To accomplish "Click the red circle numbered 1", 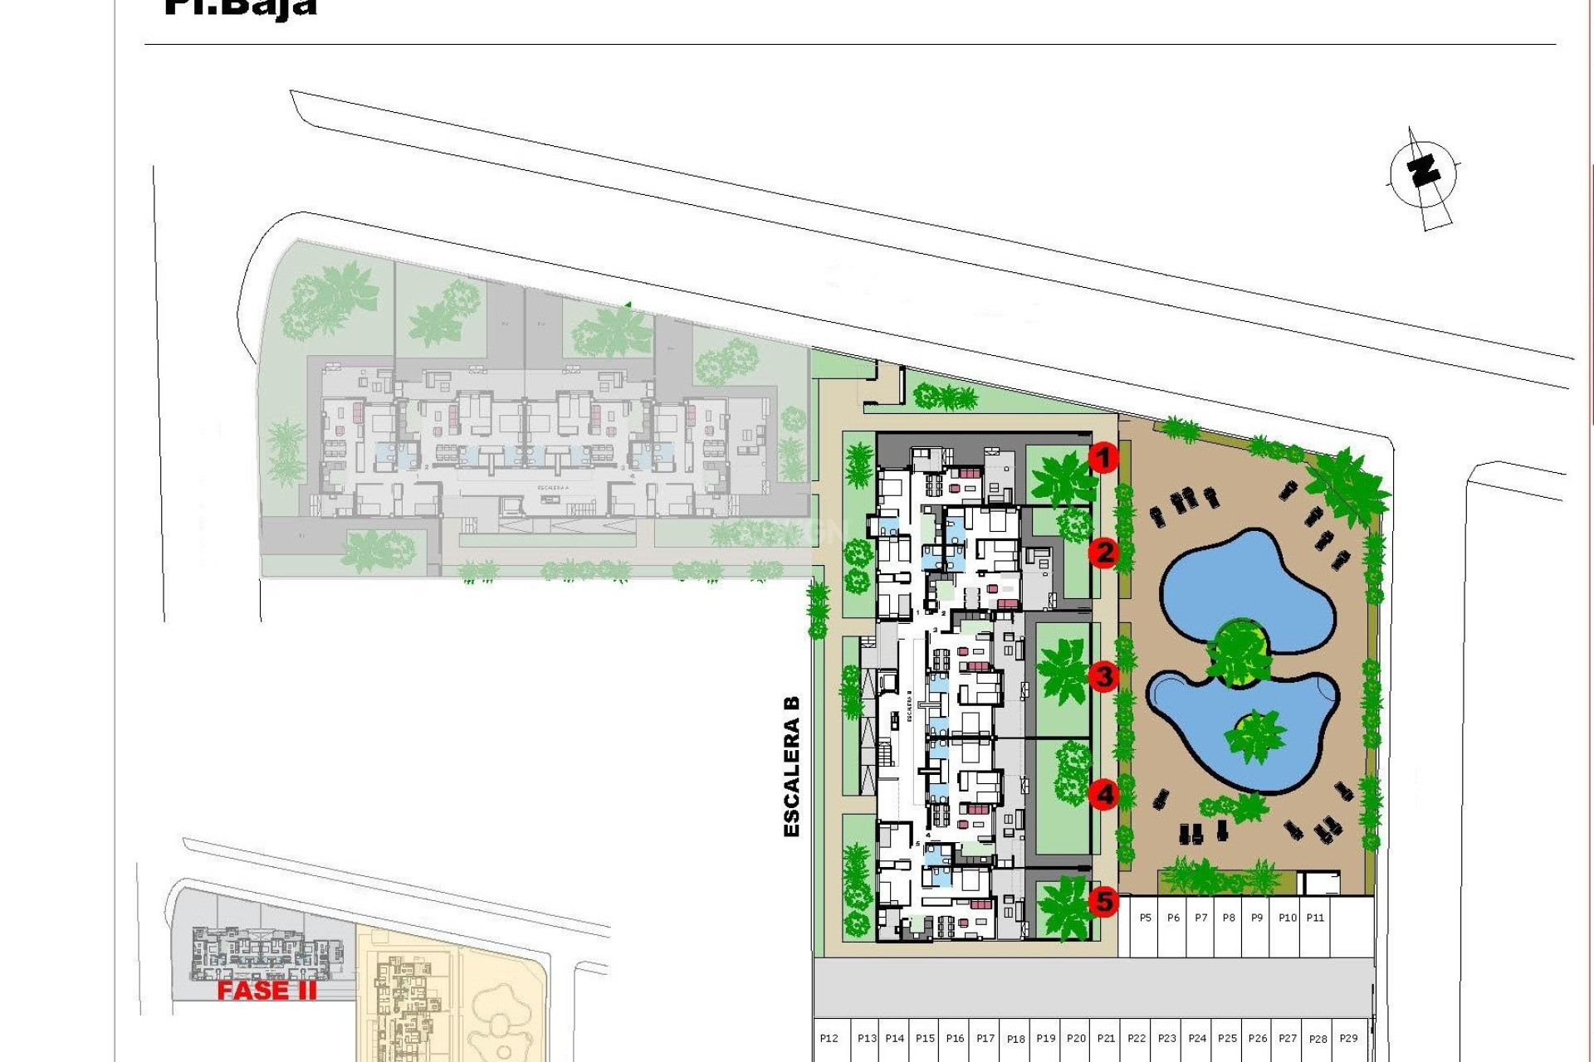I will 1103,457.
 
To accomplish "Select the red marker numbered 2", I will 1103,553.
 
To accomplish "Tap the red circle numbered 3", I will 1103,676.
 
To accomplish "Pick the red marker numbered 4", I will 1103,795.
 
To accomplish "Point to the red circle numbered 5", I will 1103,900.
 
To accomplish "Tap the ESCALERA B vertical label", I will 792,766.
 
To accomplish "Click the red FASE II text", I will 266,990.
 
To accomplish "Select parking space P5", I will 1146,918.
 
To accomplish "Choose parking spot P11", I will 1315,918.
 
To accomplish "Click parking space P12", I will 829,1038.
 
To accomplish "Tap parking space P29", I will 1348,1038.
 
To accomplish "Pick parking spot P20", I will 1076,1038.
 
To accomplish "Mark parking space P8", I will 1229,918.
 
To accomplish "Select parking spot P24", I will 1197,1038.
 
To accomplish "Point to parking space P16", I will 955,1038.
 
